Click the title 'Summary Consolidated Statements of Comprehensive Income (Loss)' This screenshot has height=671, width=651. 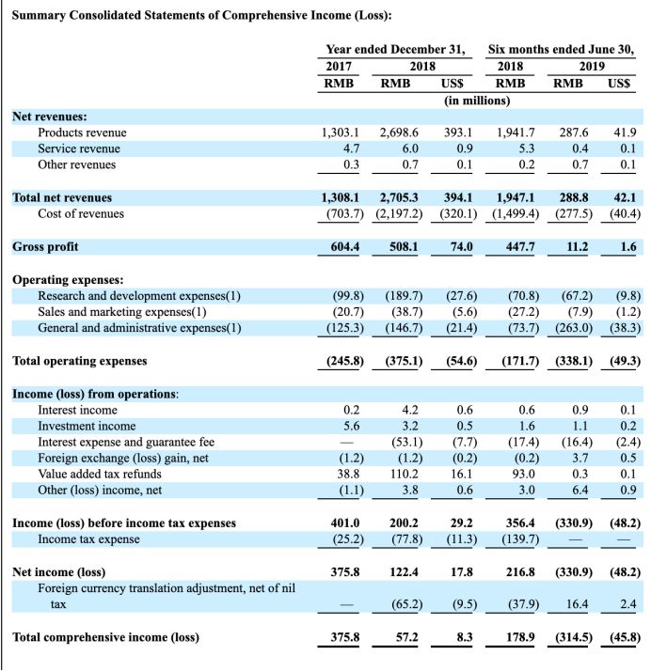click(x=202, y=16)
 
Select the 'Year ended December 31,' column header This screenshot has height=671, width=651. click(x=395, y=49)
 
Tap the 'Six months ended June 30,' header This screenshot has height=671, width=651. click(x=562, y=49)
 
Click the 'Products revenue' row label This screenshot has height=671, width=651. click(x=82, y=133)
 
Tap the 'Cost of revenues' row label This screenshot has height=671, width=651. click(x=81, y=213)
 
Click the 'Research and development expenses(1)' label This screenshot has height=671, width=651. click(x=139, y=296)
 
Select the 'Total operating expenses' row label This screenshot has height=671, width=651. click(x=80, y=360)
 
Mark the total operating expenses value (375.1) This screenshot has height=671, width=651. click(x=404, y=360)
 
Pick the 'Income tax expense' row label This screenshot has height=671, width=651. click(x=88, y=538)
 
